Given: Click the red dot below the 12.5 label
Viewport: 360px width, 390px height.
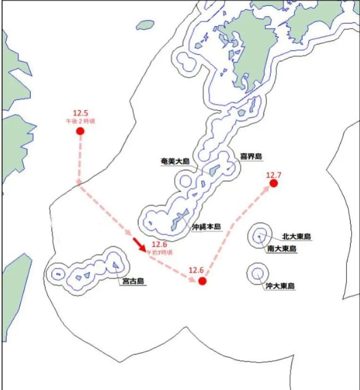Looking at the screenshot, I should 80,131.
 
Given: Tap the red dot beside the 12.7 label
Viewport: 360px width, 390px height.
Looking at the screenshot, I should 274,183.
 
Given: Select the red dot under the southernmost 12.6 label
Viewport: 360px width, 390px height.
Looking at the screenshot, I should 202,281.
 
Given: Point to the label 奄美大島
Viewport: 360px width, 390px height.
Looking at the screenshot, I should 174,161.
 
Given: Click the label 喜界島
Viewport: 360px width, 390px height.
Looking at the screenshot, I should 251,157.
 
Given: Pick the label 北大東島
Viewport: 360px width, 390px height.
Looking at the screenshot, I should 296,237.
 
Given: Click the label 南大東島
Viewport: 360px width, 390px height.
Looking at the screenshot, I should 282,249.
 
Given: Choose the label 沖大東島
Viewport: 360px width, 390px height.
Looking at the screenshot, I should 280,286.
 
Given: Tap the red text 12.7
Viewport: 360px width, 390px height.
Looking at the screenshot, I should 273,175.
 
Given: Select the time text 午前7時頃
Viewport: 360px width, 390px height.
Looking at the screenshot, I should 159,252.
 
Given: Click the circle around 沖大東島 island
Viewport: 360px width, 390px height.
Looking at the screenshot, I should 256,273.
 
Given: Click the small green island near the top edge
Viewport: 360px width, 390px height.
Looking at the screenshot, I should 145,25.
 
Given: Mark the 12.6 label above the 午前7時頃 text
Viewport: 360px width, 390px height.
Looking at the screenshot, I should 159,245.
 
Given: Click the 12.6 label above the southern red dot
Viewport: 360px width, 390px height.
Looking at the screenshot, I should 196,270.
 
